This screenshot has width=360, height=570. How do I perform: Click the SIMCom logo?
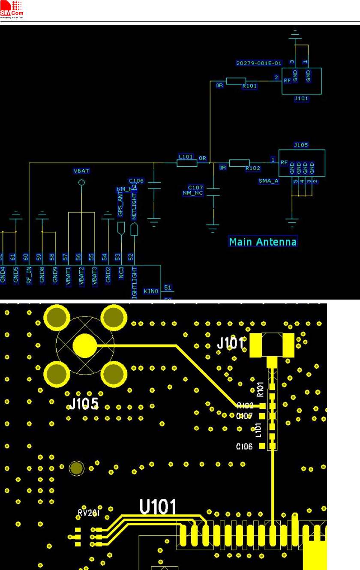12,9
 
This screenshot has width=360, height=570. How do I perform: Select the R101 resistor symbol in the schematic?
236,81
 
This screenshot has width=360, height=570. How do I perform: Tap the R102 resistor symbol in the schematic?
239,163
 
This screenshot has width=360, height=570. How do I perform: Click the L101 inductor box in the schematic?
187,163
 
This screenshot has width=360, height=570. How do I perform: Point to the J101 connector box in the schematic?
301,81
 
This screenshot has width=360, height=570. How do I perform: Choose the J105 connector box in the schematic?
302,163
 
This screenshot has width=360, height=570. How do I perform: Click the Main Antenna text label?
263,242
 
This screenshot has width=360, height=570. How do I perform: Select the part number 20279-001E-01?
259,63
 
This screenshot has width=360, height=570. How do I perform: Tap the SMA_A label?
269,181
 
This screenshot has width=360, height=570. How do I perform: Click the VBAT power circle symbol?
81,183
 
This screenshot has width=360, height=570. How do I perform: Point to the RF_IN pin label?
29,275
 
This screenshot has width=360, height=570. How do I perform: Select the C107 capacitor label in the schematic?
195,188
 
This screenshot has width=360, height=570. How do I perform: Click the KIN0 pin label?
151,291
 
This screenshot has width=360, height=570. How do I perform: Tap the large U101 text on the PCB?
158,508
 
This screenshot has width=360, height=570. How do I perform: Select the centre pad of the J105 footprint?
84,345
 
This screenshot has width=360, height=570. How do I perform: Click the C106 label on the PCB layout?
244,447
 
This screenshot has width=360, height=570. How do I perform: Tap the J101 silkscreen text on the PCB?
230,343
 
